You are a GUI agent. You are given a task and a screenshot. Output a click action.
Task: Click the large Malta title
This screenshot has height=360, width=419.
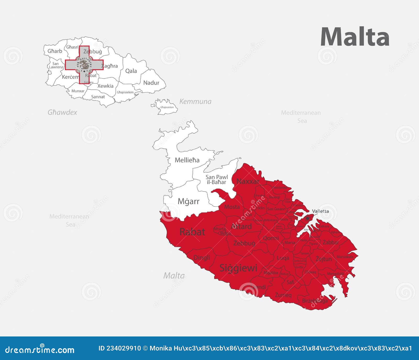click(355, 37)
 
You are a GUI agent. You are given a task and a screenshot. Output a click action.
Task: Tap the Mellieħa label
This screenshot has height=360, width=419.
click(187, 160)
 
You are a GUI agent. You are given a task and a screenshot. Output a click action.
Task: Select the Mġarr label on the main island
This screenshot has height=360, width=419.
click(188, 201)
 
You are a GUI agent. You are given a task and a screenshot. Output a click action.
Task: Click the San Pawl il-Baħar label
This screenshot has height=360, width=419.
click(217, 179)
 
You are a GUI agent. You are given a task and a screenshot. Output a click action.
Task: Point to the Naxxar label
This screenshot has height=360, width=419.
click(248, 181)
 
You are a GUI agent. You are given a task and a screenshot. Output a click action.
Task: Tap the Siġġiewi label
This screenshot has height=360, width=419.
click(238, 268)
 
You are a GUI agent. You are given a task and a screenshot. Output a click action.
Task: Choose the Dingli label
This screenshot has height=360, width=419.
click(202, 258)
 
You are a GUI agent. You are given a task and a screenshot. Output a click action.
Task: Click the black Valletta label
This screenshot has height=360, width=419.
click(320, 211)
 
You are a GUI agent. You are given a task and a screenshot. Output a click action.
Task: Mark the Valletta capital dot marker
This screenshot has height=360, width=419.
click(307, 218)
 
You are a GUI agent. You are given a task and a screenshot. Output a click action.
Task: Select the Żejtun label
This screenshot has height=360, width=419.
click(324, 259)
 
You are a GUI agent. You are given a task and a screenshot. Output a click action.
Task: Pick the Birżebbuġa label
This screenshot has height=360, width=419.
click(315, 301)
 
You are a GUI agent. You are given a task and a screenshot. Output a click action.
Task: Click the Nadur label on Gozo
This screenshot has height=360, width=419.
click(151, 83)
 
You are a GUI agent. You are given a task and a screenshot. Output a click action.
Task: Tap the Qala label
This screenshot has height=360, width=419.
click(131, 71)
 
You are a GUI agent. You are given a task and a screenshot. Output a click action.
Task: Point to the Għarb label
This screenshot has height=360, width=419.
click(55, 51)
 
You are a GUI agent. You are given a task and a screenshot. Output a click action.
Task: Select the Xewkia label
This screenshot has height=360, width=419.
click(105, 86)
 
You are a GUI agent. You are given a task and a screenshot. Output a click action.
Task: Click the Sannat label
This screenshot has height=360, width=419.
click(98, 97)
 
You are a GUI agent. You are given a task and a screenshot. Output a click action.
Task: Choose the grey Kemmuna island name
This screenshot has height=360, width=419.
click(195, 102)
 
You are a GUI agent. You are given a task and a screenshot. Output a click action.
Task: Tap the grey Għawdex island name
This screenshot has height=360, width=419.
click(62, 113)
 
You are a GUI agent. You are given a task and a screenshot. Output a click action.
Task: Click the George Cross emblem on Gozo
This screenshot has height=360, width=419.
click(84, 65)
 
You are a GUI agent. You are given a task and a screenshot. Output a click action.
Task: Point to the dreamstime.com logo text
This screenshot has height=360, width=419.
click(40, 350)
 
